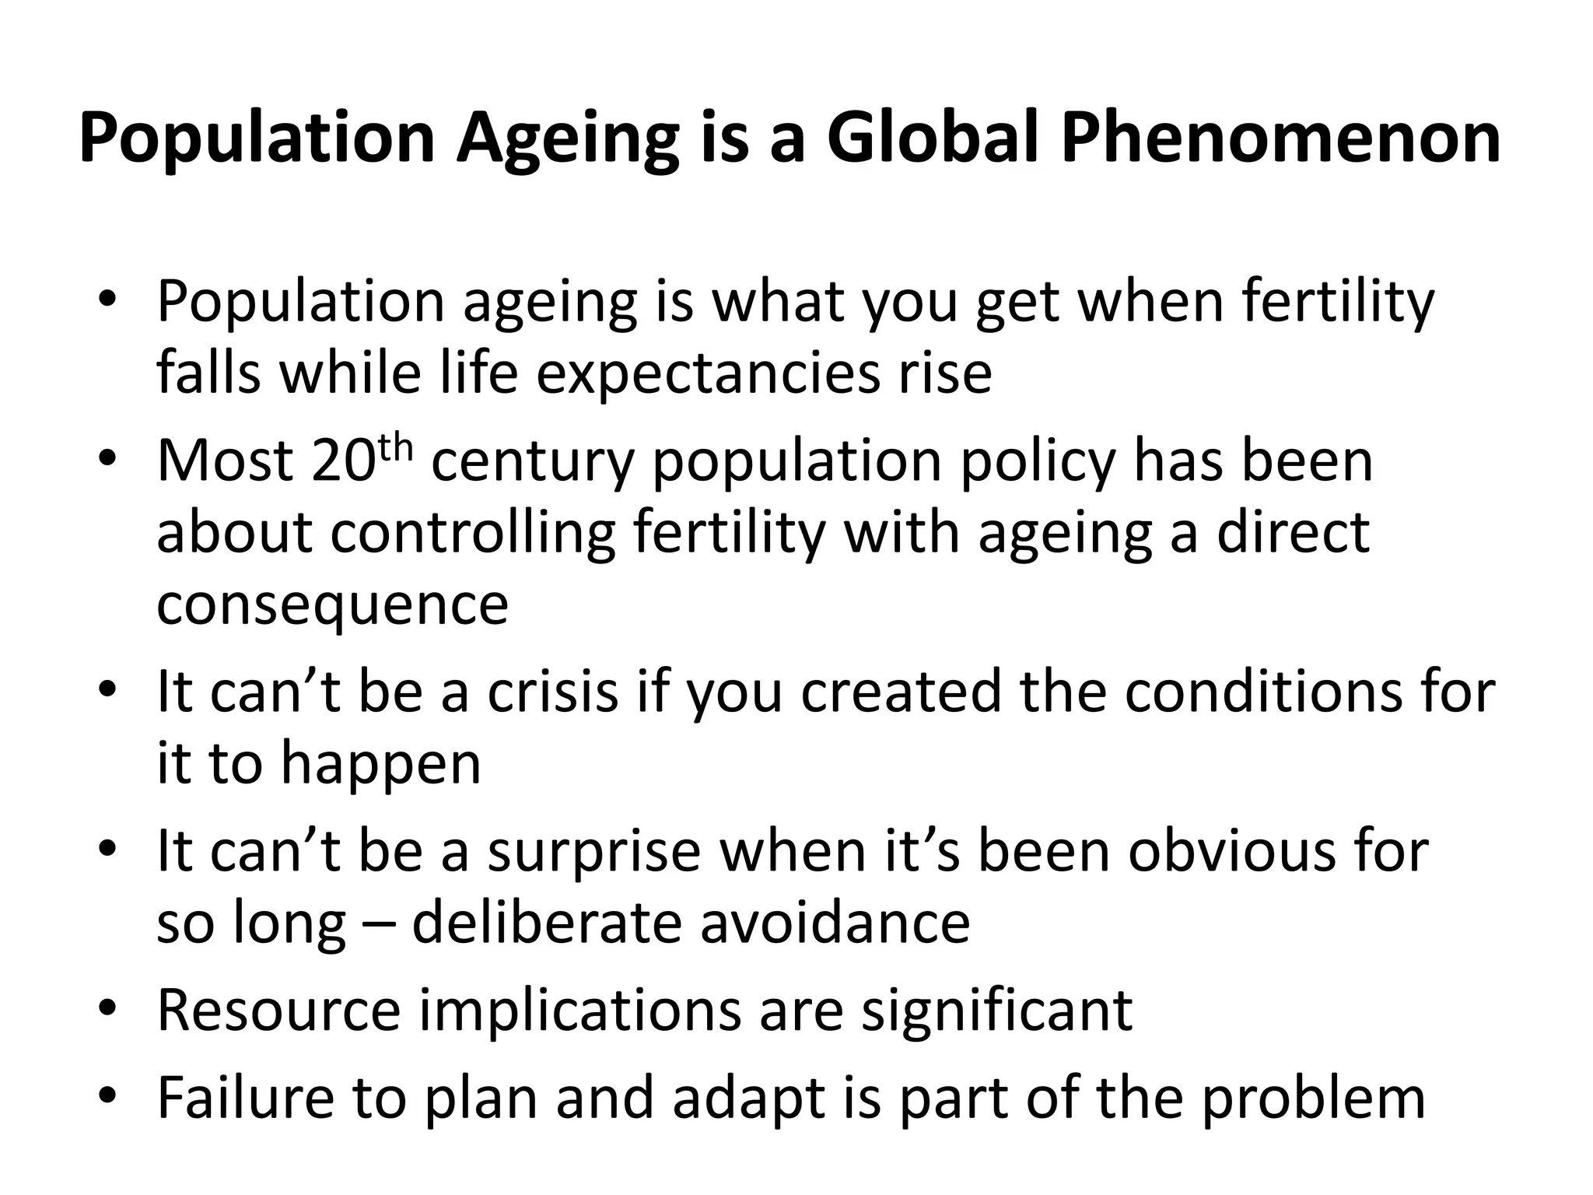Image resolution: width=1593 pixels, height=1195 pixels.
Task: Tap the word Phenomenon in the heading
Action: click(1280, 138)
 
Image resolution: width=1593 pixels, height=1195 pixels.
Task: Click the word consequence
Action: click(332, 604)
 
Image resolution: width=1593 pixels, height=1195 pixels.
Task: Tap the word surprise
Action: click(594, 850)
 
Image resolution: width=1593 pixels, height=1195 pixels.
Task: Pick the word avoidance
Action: click(835, 923)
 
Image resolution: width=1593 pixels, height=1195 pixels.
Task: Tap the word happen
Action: click(380, 763)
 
